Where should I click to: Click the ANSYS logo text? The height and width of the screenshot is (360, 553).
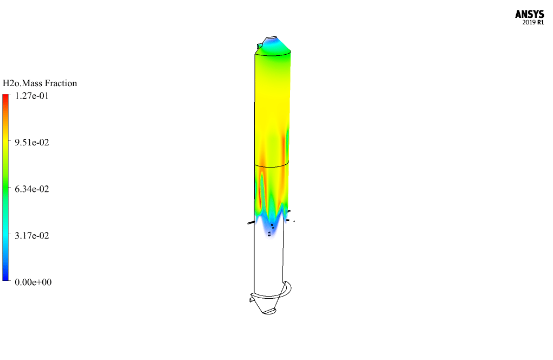(x=529, y=14)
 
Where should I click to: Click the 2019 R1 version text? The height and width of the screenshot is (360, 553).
(x=533, y=23)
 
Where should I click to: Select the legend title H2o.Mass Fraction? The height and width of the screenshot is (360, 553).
(x=40, y=83)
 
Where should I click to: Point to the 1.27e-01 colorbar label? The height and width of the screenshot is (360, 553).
(x=32, y=96)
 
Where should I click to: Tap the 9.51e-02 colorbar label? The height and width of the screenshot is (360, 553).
(x=32, y=143)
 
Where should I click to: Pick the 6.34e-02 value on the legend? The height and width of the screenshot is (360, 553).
(x=32, y=189)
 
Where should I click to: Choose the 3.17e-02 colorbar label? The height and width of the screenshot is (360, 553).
(x=32, y=235)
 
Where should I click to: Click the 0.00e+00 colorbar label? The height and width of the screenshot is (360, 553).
(x=33, y=282)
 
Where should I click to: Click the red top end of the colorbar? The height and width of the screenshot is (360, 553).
(x=5, y=97)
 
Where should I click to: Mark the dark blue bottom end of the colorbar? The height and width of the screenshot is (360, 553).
(x=5, y=278)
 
